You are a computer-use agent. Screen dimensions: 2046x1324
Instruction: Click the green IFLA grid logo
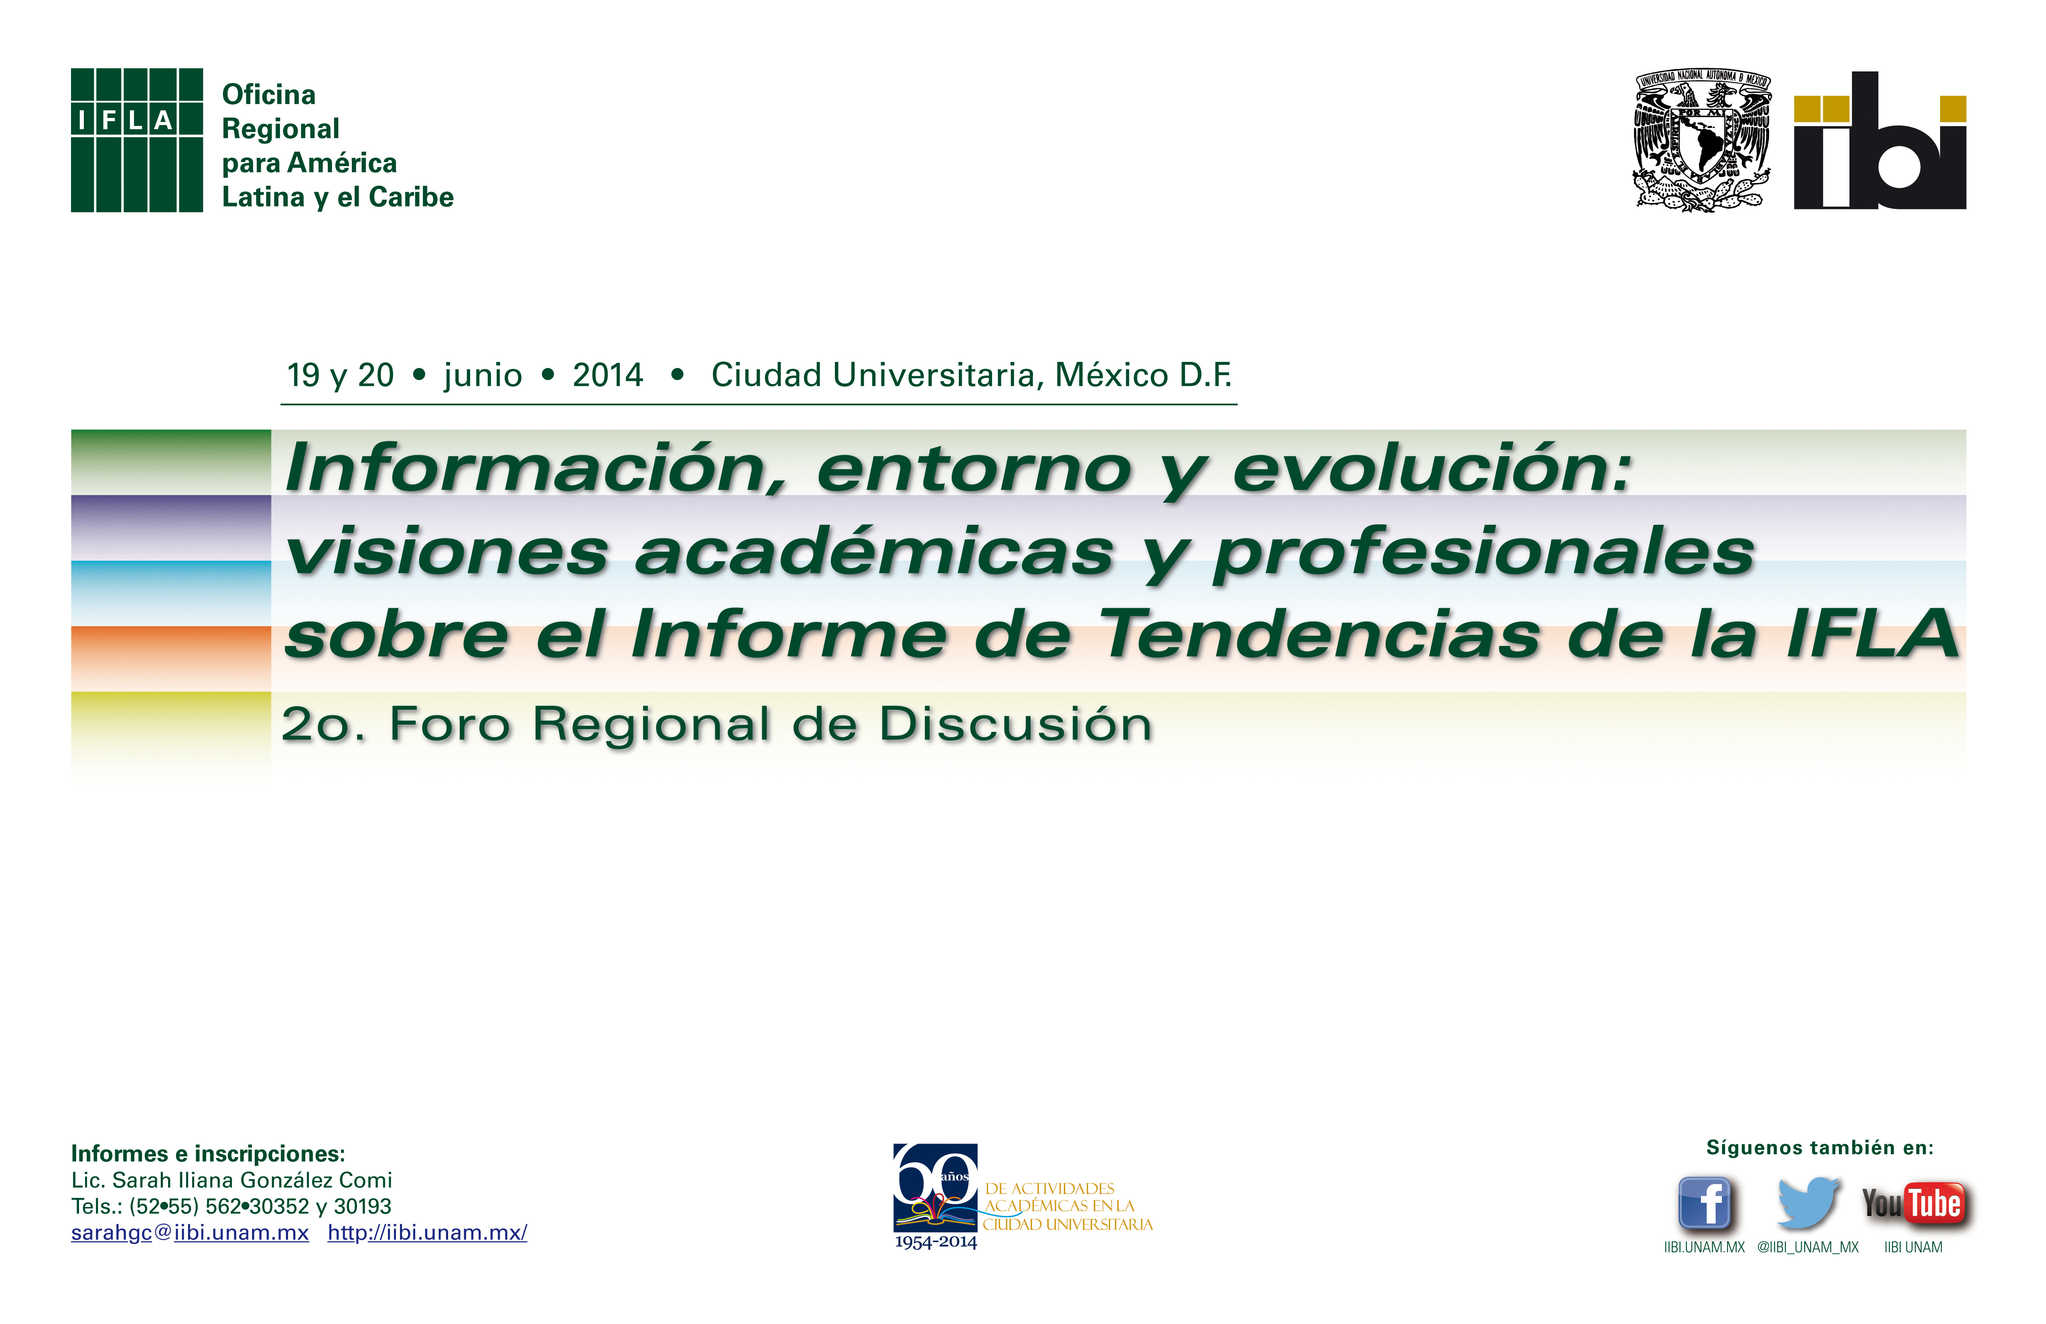pyautogui.click(x=137, y=140)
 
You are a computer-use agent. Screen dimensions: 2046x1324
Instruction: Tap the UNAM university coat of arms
pyautogui.click(x=1702, y=140)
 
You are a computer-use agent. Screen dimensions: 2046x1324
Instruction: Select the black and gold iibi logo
pyautogui.click(x=1880, y=140)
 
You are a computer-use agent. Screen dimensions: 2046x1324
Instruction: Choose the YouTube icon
pyautogui.click(x=1914, y=1204)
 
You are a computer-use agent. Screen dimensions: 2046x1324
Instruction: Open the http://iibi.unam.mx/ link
pyautogui.click(x=427, y=1233)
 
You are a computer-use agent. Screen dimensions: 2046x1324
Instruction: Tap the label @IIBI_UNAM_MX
pyautogui.click(x=1808, y=1247)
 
